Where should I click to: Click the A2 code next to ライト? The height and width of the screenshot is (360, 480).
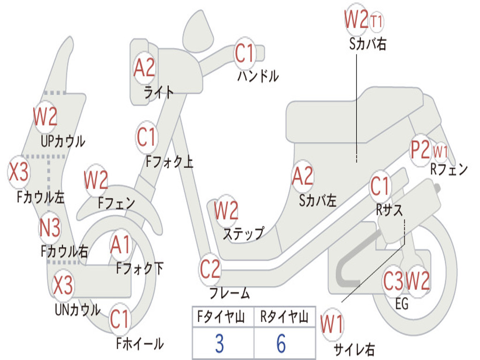pyautogui.click(x=144, y=68)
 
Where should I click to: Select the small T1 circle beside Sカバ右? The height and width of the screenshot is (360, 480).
pyautogui.click(x=377, y=21)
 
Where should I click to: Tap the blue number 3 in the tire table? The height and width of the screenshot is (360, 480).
pyautogui.click(x=219, y=344)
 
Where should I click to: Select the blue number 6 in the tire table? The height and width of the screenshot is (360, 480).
pyautogui.click(x=281, y=344)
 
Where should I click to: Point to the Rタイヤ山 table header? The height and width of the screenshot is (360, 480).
pyautogui.click(x=284, y=317)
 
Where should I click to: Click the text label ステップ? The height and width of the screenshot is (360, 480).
pyautogui.click(x=243, y=233)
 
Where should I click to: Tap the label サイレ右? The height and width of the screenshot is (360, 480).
pyautogui.click(x=354, y=349)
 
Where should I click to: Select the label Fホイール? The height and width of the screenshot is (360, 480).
pyautogui.click(x=140, y=344)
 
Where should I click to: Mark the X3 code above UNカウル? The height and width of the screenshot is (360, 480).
pyautogui.click(x=62, y=285)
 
